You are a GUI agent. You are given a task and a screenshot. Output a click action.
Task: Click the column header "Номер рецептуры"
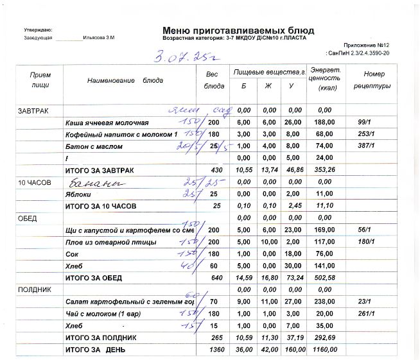[372, 80]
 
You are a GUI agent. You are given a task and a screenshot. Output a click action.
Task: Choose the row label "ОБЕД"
[28, 218]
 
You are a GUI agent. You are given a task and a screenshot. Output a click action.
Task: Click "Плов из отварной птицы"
[107, 242]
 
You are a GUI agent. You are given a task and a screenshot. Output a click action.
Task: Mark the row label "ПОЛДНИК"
[32, 289]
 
